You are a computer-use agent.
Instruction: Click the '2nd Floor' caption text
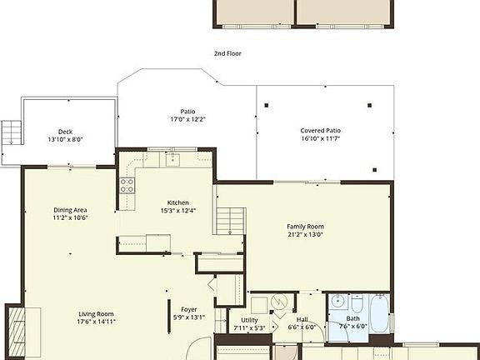click(x=227, y=52)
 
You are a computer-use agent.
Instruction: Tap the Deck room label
click(x=65, y=132)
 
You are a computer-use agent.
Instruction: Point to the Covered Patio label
click(x=321, y=131)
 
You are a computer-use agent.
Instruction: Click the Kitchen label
click(x=177, y=202)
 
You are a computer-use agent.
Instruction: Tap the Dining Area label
click(x=70, y=209)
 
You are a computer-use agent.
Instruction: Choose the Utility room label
click(x=249, y=320)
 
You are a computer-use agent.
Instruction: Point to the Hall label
click(x=302, y=320)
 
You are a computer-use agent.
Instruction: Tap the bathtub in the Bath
click(x=379, y=314)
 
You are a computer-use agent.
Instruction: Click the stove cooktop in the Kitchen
click(x=127, y=185)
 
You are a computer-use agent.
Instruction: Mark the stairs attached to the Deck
click(x=11, y=132)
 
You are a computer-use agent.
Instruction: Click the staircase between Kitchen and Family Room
click(x=227, y=221)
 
